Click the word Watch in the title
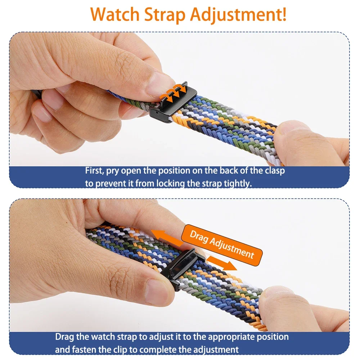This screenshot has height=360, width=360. click(114, 14)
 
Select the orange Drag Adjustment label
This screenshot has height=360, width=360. click(222, 245)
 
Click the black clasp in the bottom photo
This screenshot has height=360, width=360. click(181, 269)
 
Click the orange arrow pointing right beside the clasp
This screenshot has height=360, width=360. click(221, 263)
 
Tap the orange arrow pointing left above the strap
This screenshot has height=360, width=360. click(166, 237)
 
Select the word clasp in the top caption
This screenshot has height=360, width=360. click(275, 171)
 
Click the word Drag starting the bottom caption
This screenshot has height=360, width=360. click(64, 337)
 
